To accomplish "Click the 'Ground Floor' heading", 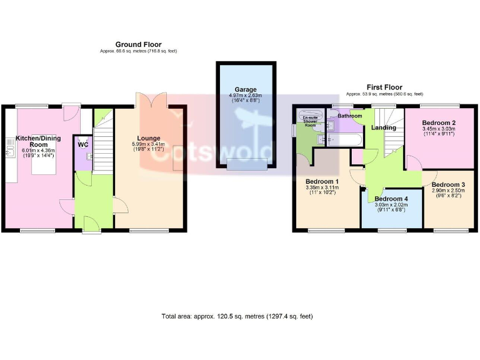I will [138, 44].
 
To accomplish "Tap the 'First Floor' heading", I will [384, 87].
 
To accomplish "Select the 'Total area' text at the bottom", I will [237, 316].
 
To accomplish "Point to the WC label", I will [83, 144].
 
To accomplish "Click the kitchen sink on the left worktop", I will [10, 149].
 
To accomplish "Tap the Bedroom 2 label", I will [438, 122].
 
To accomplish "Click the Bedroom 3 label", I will [448, 184].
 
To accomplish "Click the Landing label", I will [383, 128].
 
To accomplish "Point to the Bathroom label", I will [350, 116].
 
